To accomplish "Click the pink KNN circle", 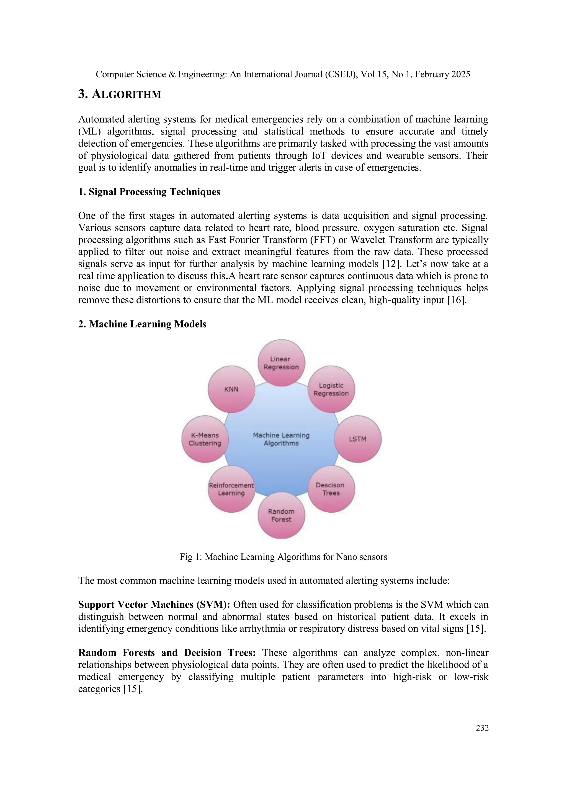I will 231,389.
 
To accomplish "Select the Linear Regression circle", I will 281,363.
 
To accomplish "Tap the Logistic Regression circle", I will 331,389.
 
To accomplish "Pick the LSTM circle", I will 357,439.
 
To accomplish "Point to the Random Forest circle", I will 281,515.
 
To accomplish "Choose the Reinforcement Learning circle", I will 231,489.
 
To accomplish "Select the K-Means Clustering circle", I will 205,439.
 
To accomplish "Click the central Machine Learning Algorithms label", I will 281,439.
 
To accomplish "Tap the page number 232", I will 482,728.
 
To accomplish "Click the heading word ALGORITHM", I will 127,95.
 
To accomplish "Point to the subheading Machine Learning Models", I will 147,324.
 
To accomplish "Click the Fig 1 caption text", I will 283,557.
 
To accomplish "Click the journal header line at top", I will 283,74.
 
